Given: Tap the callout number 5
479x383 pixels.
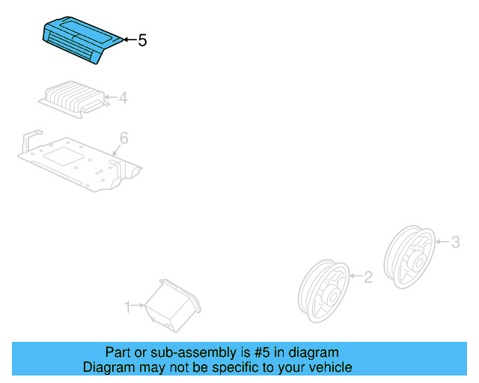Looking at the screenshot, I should (x=142, y=40).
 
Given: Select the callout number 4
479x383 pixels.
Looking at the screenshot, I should (x=123, y=97).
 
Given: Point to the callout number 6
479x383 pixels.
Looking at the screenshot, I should (x=124, y=138).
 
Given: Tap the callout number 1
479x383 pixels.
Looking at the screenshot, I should (x=128, y=305).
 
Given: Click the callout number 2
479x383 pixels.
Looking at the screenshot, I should (x=367, y=278).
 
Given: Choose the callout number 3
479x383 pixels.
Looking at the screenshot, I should (x=454, y=242).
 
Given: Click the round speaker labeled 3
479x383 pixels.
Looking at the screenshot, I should (x=409, y=253).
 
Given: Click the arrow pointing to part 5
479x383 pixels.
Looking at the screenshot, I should (x=129, y=40).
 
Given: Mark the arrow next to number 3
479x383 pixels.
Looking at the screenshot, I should (x=441, y=242).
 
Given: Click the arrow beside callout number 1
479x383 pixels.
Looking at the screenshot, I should (x=139, y=305).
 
